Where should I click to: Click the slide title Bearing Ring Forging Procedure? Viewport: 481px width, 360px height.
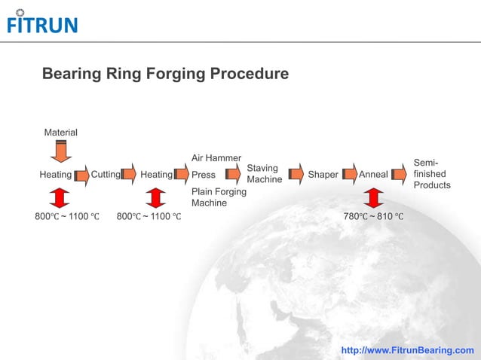click(x=165, y=75)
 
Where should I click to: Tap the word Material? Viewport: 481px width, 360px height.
click(x=60, y=133)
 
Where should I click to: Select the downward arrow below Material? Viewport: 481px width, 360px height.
click(x=61, y=151)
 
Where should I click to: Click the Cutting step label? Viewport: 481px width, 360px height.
click(x=106, y=175)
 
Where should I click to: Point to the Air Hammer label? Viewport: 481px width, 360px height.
click(x=216, y=158)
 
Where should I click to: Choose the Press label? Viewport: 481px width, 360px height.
click(x=204, y=175)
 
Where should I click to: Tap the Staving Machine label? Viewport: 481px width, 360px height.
click(x=264, y=174)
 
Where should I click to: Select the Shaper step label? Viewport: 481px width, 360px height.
click(x=323, y=175)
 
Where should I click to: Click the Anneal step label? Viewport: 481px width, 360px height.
click(x=373, y=175)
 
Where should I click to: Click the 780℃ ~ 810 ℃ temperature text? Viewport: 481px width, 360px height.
click(x=373, y=217)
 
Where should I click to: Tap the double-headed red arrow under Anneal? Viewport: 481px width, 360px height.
click(x=372, y=197)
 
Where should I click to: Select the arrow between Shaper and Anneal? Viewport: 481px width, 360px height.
click(x=349, y=175)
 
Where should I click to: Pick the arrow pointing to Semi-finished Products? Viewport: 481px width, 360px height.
click(x=400, y=175)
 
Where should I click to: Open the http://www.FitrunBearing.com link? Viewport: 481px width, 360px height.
click(x=408, y=350)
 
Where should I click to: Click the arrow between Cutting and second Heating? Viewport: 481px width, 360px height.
click(x=129, y=175)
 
